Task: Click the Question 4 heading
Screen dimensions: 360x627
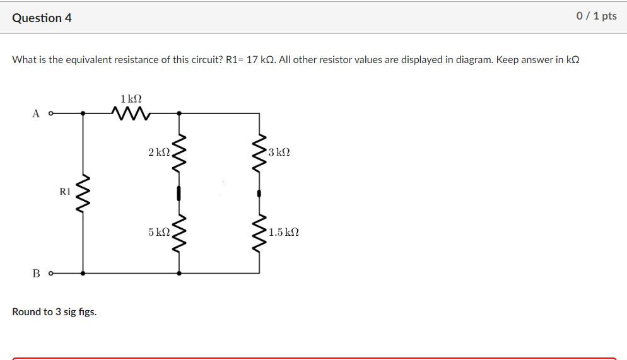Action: click(42, 18)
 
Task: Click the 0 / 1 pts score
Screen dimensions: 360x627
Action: click(596, 16)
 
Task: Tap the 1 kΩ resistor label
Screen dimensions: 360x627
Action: click(131, 99)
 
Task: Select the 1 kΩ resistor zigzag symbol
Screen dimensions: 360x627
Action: click(131, 113)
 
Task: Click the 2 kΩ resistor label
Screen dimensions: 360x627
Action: click(159, 153)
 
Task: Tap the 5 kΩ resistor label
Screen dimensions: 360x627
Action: click(159, 232)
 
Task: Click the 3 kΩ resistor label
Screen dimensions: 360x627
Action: click(279, 153)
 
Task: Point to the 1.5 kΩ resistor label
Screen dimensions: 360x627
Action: click(283, 232)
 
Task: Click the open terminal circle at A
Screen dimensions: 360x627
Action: click(50, 114)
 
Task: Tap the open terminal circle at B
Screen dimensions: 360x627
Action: click(50, 274)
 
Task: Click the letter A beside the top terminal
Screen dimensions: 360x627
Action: click(36, 114)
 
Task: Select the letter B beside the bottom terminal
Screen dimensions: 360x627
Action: click(36, 274)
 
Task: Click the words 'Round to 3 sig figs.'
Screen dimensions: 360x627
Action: click(54, 312)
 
